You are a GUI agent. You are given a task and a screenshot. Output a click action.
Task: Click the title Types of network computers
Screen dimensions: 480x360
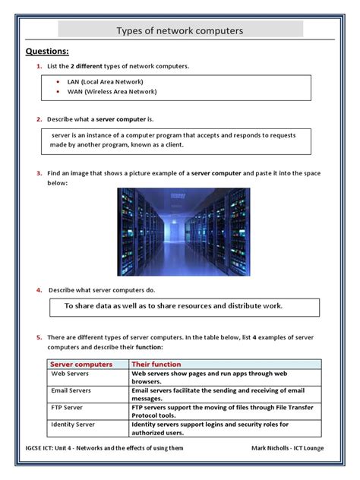pos(179,31)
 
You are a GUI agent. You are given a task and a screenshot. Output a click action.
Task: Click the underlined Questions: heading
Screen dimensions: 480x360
pos(47,52)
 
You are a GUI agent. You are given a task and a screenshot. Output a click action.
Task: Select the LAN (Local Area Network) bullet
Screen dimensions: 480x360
pos(105,81)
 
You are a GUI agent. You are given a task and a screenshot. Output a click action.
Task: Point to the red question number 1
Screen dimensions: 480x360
pos(39,67)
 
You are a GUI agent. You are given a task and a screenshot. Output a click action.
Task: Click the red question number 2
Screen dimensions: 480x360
pos(39,119)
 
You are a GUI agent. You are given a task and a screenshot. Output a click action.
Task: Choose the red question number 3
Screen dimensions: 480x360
pos(39,173)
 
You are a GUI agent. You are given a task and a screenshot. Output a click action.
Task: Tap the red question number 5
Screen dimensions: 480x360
pos(39,336)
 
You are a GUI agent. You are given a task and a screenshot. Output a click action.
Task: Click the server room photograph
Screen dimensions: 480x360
pos(183,232)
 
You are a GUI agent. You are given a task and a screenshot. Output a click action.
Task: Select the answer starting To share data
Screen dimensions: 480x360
pos(173,306)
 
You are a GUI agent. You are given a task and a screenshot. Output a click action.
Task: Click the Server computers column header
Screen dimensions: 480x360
pos(81,364)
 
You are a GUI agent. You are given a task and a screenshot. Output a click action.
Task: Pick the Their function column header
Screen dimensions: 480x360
pos(156,364)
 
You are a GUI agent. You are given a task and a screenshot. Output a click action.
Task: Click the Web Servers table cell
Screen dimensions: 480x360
pos(71,374)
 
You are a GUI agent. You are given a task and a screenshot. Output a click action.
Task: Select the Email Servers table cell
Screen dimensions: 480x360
pos(71,390)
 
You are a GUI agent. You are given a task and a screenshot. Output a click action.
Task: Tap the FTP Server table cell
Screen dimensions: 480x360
pos(68,407)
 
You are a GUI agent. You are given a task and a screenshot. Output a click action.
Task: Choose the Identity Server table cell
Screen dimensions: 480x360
pos(73,424)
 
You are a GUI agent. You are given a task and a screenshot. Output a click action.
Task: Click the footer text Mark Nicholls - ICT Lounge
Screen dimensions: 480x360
pos(287,447)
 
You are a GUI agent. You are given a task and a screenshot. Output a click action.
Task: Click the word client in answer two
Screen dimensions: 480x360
pos(172,144)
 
